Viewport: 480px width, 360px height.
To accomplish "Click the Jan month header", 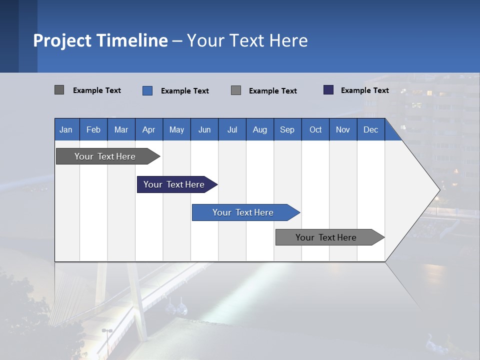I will pyautogui.click(x=66, y=129).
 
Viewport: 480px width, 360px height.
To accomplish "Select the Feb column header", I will pyautogui.click(x=93, y=129).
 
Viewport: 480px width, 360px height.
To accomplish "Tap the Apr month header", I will pyautogui.click(x=148, y=129).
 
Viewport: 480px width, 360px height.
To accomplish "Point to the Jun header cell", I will pyautogui.click(x=204, y=129).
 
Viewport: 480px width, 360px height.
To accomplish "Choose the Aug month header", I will pyautogui.click(x=260, y=129).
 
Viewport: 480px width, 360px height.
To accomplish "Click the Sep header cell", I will pyautogui.click(x=287, y=129).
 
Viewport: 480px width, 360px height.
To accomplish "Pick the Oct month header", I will pyautogui.click(x=315, y=129).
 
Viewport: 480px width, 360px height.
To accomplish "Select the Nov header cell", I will pyautogui.click(x=343, y=129).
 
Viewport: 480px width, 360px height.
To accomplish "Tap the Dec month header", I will pyautogui.click(x=370, y=129).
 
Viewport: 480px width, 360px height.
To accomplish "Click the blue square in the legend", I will pyautogui.click(x=147, y=90).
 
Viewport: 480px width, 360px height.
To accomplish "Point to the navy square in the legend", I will pyautogui.click(x=328, y=90).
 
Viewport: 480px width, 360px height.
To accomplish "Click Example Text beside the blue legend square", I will pyautogui.click(x=185, y=91).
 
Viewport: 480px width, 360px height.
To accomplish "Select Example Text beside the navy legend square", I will pyautogui.click(x=365, y=90).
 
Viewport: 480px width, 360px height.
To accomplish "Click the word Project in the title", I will pyautogui.click(x=62, y=40).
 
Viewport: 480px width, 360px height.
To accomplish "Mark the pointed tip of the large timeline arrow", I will pyautogui.click(x=439, y=189).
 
